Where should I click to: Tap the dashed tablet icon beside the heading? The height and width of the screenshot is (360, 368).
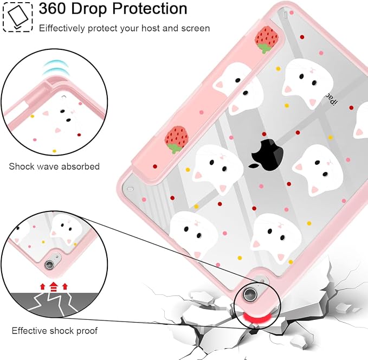[18, 17]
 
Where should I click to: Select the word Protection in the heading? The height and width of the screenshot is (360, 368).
[150, 9]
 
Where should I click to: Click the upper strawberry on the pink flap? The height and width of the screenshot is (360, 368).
[266, 39]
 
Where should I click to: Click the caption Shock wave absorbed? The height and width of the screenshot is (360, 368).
[54, 166]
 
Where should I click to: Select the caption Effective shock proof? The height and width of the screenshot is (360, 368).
[54, 331]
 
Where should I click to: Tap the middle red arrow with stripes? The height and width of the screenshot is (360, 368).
[54, 287]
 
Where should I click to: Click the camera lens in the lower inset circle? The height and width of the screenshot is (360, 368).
[49, 265]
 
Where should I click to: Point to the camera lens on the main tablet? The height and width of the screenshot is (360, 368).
[250, 294]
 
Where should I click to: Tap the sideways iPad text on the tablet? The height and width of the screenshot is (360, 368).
[331, 99]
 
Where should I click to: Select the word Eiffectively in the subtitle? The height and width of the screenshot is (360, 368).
[62, 28]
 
